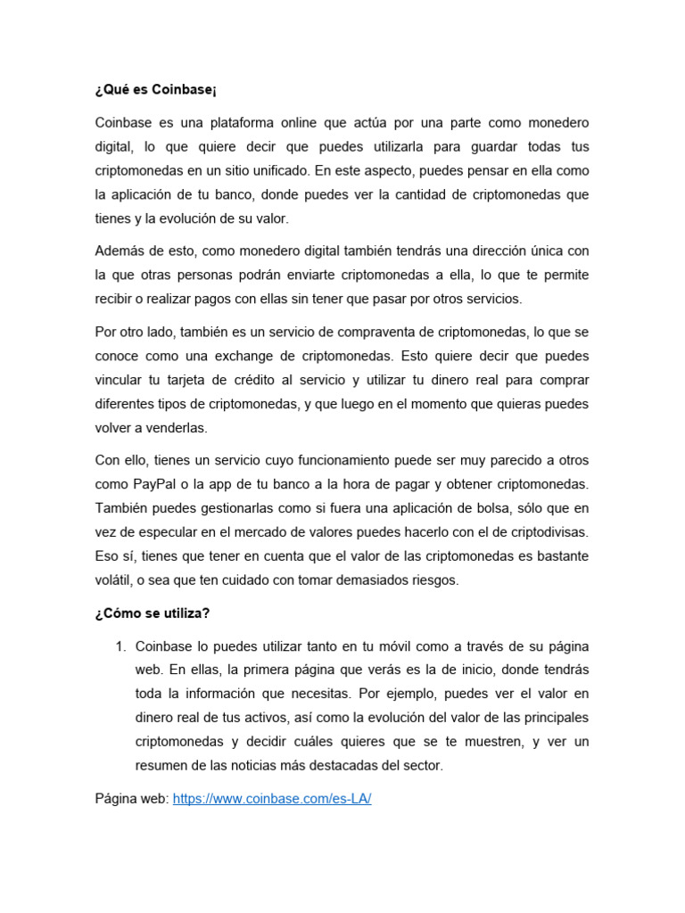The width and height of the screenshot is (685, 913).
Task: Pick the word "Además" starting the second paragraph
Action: coord(120,251)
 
